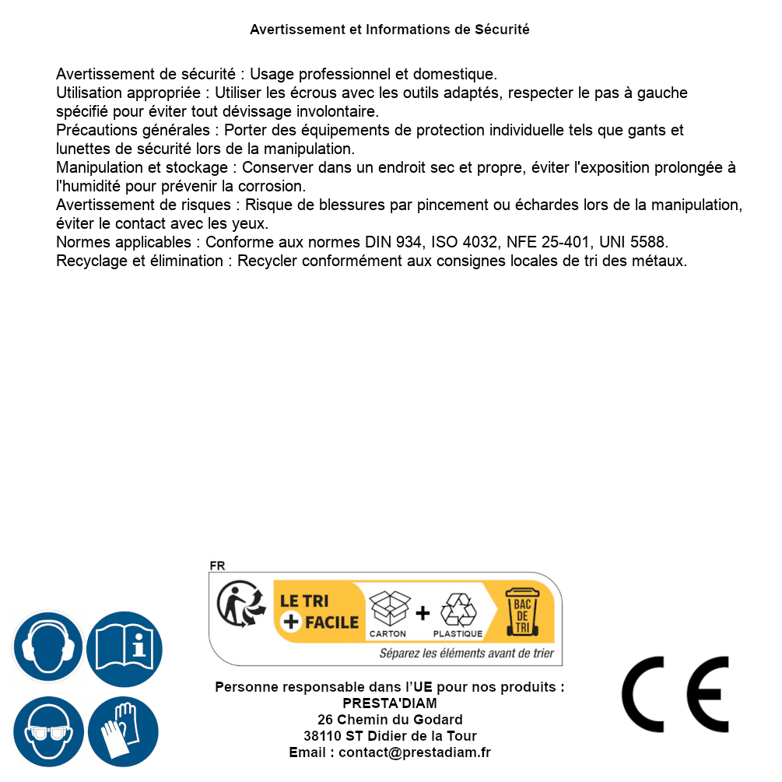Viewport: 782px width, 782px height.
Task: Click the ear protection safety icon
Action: coord(47,647)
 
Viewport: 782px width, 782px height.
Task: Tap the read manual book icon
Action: coord(124,647)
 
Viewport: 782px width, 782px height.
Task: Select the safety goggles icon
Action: coord(47,731)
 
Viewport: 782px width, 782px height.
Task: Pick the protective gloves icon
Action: coord(124,731)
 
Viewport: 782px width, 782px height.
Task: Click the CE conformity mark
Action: coord(675,695)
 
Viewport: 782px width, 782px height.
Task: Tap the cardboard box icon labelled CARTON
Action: coord(388,608)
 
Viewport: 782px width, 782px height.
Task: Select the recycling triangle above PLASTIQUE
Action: coord(458,609)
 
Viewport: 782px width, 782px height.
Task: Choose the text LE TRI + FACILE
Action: coord(319,612)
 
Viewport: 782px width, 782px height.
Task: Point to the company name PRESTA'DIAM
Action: coord(390,703)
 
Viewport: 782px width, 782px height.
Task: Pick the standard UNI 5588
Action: coord(633,242)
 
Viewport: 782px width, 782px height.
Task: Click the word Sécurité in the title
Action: coord(502,30)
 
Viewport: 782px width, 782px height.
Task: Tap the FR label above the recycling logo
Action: coord(217,566)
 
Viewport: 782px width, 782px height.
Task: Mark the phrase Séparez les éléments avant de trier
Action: coord(466,654)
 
